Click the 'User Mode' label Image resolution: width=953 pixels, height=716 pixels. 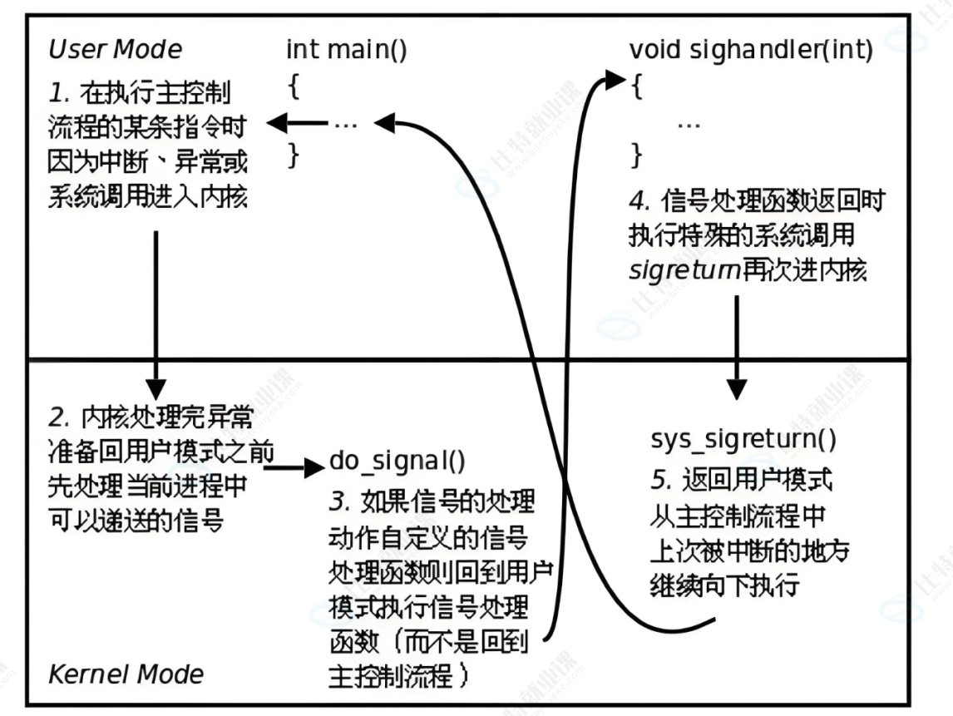click(x=115, y=49)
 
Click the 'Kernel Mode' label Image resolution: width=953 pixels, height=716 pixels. click(x=126, y=673)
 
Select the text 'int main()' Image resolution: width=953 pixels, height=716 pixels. click(x=346, y=49)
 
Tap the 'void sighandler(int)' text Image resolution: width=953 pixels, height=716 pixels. click(x=751, y=50)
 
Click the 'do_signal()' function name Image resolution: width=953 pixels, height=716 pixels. click(x=397, y=460)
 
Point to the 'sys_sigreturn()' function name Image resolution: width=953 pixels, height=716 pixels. click(x=743, y=438)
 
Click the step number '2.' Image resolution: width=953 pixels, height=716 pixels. click(x=59, y=416)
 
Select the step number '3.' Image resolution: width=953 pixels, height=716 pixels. click(x=340, y=501)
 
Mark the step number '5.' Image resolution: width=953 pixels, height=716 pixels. click(x=661, y=481)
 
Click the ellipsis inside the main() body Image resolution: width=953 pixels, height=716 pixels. click(x=345, y=125)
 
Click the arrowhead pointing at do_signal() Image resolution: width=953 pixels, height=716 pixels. click(x=314, y=468)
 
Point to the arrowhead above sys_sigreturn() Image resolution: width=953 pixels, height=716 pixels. click(x=737, y=388)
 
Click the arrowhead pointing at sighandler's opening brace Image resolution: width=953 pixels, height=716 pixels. click(x=615, y=80)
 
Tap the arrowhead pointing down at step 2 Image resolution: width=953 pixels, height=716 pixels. click(x=156, y=387)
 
